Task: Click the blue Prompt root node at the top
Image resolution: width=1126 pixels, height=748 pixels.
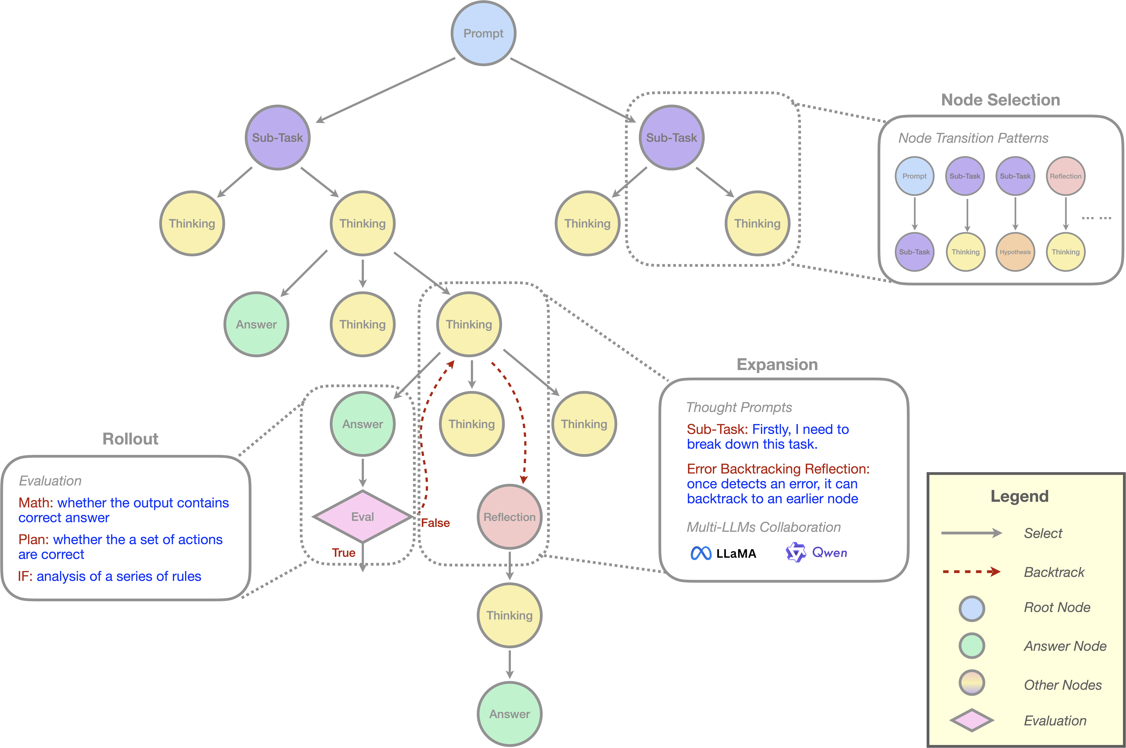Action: (483, 33)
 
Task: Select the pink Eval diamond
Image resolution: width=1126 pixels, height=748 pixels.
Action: (363, 517)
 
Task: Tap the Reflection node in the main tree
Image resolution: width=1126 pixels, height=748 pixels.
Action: (510, 517)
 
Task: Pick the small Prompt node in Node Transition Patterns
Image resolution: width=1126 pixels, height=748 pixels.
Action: (914, 176)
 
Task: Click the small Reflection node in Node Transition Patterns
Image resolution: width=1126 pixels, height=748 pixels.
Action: (1065, 176)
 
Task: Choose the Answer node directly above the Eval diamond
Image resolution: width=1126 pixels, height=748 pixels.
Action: (363, 424)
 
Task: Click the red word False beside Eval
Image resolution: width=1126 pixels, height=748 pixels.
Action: (435, 523)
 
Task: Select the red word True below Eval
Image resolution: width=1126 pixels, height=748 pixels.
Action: (343, 552)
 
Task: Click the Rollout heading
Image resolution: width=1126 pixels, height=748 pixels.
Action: (130, 439)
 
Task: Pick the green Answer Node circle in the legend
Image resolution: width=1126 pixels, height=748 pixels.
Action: (971, 646)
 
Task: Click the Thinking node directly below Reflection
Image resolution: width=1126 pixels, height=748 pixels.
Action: (510, 615)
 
